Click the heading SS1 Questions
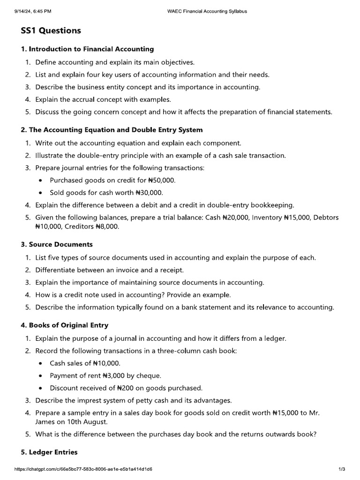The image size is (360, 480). coord(51,31)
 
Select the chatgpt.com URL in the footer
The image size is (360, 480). coord(83,469)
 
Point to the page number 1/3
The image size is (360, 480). coord(342,469)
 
